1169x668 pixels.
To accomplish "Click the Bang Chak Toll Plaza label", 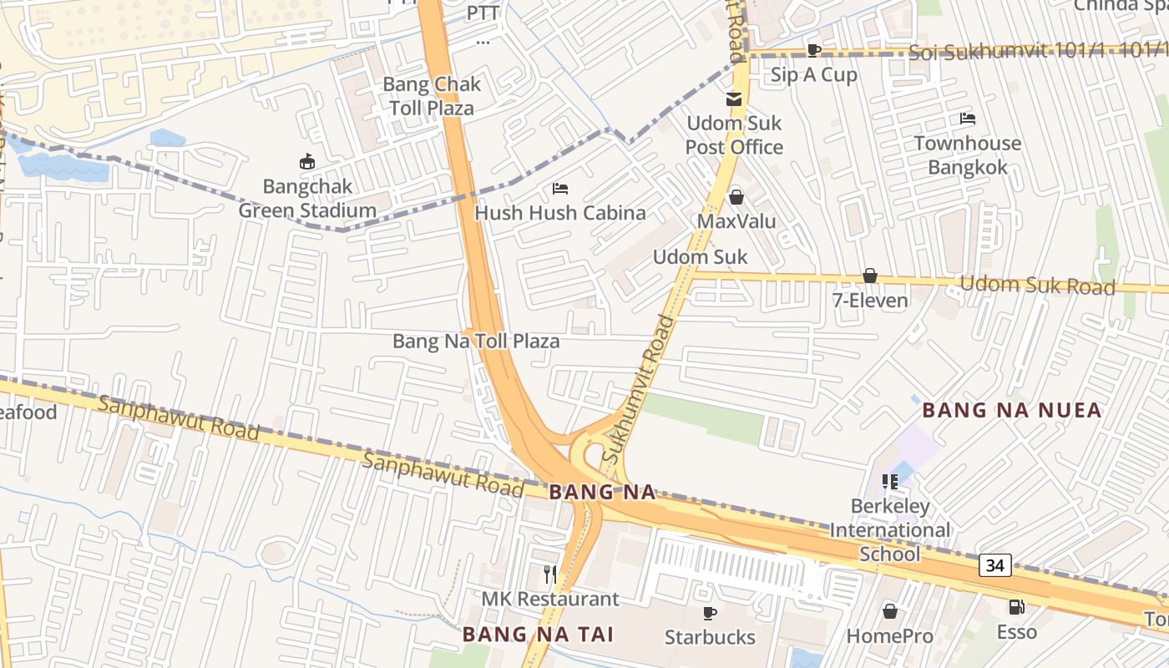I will point(432,96).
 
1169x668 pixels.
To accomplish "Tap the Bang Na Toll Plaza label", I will point(476,342).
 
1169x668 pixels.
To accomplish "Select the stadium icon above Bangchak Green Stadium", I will point(307,161).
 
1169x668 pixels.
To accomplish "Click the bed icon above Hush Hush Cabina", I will point(560,189).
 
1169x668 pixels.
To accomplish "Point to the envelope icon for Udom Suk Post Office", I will point(734,99).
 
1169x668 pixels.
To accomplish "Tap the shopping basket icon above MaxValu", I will point(736,197).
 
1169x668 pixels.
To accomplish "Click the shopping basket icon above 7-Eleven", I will point(870,276).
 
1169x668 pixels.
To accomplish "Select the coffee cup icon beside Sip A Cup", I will point(814,51).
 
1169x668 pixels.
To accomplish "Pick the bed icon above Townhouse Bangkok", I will point(968,119).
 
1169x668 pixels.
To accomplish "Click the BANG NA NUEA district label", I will point(1012,410).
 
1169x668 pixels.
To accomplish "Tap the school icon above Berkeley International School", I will point(890,482).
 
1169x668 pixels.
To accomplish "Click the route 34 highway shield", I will point(994,565).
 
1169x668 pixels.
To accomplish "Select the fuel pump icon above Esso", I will point(1016,607).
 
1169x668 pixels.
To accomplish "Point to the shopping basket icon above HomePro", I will point(890,611).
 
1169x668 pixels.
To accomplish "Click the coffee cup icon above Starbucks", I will point(710,613).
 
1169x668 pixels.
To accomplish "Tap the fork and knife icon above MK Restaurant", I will point(550,574).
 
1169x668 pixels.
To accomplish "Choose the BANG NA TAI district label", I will point(539,635).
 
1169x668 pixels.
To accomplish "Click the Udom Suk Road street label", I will point(1037,286).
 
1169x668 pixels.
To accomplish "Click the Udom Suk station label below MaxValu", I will point(700,256).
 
